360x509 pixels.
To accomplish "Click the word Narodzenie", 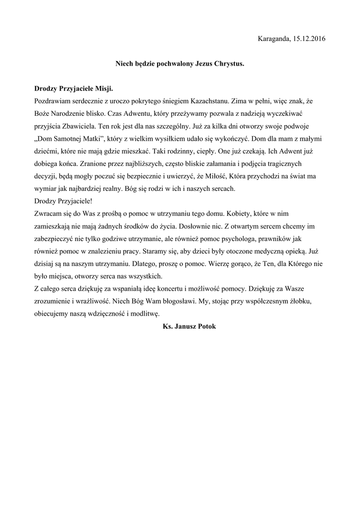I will pos(73,114).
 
